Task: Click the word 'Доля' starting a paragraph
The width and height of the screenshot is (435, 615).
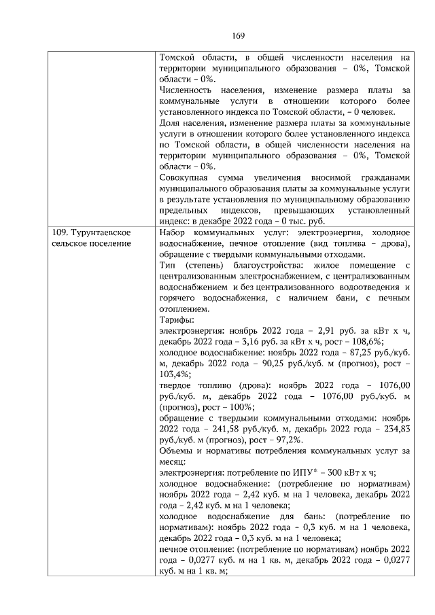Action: click(x=169, y=124)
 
